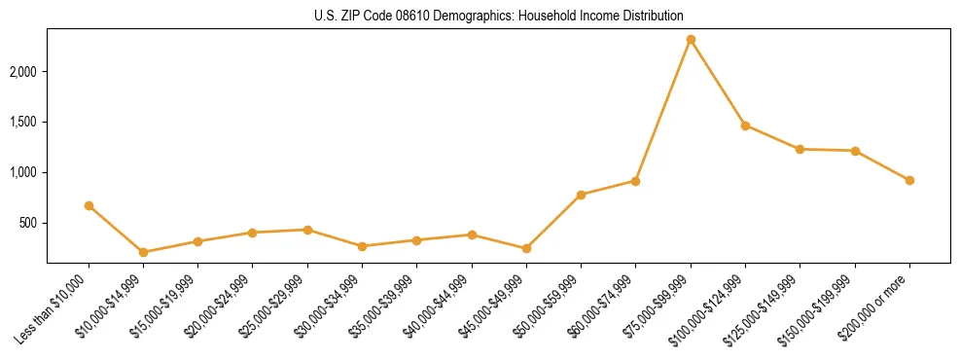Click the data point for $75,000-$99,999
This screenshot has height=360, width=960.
click(x=691, y=40)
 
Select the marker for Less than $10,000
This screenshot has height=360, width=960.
click(x=89, y=205)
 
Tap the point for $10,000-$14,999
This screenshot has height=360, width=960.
click(x=143, y=252)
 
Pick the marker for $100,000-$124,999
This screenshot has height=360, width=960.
click(x=745, y=126)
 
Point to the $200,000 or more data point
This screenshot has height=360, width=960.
click(x=909, y=180)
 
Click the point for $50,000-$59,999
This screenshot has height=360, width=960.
click(x=581, y=195)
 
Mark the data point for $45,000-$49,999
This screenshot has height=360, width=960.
click(x=526, y=248)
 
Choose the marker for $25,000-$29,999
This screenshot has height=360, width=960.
click(x=307, y=230)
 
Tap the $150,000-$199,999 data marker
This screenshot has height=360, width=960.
click(x=855, y=151)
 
